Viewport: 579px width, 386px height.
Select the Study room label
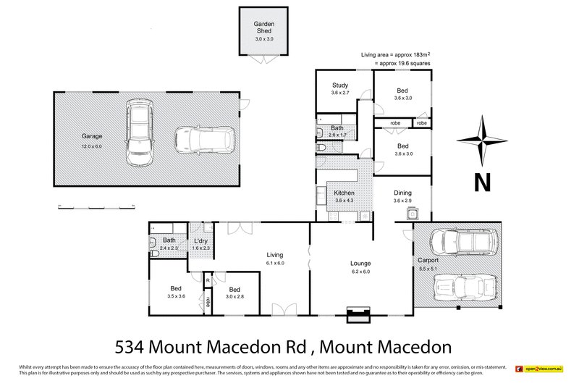(x=340, y=85)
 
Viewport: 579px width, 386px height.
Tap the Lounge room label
(x=360, y=263)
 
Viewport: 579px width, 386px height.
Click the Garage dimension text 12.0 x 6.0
(x=93, y=146)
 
